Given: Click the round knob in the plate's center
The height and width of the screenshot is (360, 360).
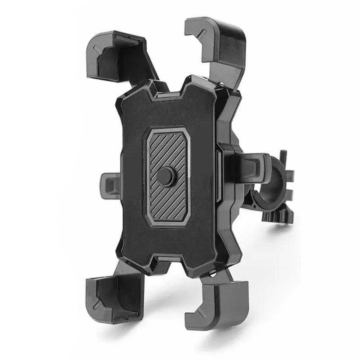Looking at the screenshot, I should (x=166, y=176).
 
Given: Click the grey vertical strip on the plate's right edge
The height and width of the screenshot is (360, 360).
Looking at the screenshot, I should (x=218, y=175).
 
